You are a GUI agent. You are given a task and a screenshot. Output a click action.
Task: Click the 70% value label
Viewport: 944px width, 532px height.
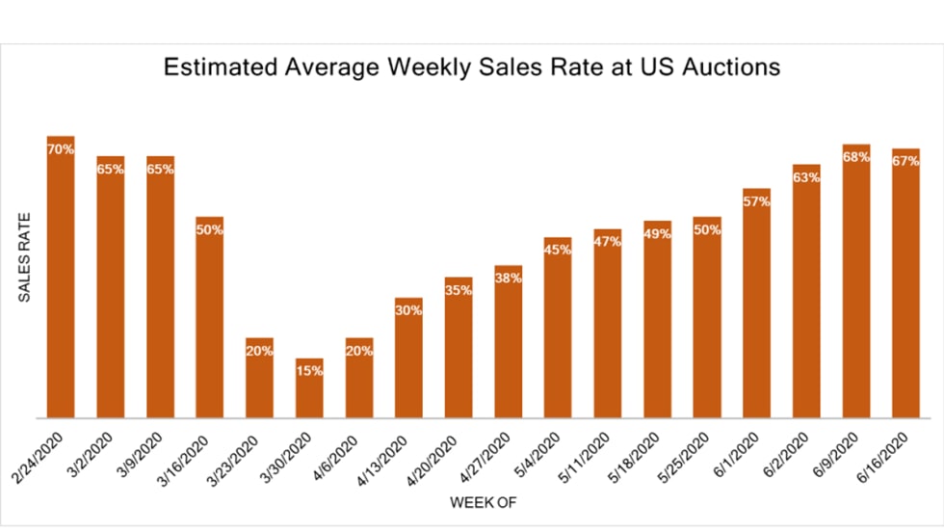61,149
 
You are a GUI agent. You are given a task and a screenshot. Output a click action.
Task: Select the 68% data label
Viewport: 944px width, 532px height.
856,157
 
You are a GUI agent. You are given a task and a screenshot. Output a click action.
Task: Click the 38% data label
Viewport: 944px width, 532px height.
509,279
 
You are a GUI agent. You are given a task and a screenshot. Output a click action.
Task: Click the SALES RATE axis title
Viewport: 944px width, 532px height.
26,257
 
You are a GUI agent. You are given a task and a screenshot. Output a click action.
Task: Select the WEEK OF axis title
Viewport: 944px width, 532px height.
485,503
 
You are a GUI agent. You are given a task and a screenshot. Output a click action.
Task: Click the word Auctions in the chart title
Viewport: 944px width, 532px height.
730,68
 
